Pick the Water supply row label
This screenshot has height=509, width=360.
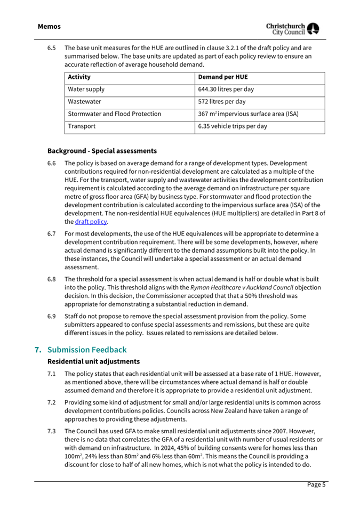point(86,90)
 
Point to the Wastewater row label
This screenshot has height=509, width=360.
point(84,102)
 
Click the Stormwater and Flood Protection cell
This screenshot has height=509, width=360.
point(115,114)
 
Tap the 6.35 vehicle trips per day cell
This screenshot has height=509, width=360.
point(232,127)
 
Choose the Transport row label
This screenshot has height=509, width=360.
point(82,127)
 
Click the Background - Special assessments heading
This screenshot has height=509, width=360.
point(102,150)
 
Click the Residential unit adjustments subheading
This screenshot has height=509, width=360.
point(93,361)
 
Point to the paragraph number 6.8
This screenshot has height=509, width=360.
point(52,279)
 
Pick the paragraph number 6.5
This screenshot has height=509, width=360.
point(52,47)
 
